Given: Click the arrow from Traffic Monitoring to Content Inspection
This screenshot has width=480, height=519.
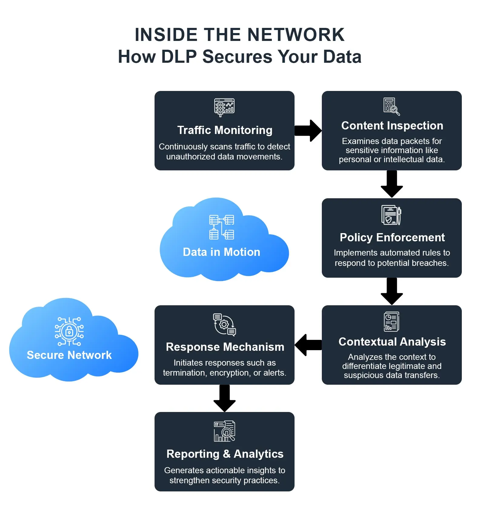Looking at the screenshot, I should pyautogui.click(x=308, y=131).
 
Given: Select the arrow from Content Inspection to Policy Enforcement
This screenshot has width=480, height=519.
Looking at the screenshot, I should pyautogui.click(x=392, y=184).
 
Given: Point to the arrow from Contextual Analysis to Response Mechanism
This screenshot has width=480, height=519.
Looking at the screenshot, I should pyautogui.click(x=308, y=345).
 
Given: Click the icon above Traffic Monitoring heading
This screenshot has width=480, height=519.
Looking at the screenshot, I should pyautogui.click(x=224, y=107).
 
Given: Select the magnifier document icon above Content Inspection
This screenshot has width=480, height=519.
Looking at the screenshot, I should pyautogui.click(x=392, y=106).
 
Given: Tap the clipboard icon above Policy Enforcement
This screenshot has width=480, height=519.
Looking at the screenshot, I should pyautogui.click(x=391, y=215).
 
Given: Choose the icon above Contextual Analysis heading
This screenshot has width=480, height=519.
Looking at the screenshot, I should pyautogui.click(x=392, y=322).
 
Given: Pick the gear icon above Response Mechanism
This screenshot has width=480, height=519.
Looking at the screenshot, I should pyautogui.click(x=224, y=325).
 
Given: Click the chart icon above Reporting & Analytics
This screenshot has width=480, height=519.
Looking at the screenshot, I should pyautogui.click(x=224, y=431).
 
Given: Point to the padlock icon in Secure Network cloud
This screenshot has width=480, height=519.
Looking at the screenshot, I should pyautogui.click(x=69, y=331).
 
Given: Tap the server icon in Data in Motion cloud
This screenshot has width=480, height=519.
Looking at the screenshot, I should pyautogui.click(x=222, y=227).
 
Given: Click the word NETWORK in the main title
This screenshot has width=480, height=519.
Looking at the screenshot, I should pyautogui.click(x=296, y=35).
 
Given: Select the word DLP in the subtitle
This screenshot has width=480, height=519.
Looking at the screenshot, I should pyautogui.click(x=179, y=57).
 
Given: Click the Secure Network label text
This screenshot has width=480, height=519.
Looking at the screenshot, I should pyautogui.click(x=69, y=355).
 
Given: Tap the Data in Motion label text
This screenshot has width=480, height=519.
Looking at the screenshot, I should pyautogui.click(x=222, y=252).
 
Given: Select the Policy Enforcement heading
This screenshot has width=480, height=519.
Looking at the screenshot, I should pyautogui.click(x=392, y=238).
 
